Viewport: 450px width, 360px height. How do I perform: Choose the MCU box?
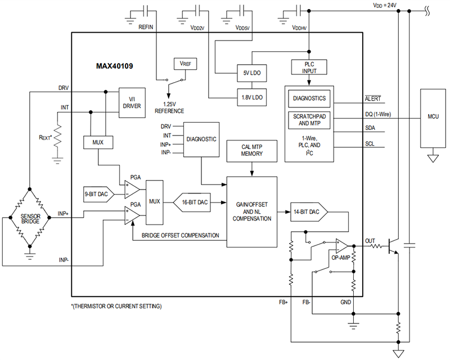point(433,116)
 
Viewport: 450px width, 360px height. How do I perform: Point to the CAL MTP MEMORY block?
point(251,150)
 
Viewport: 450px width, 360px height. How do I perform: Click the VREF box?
point(185,64)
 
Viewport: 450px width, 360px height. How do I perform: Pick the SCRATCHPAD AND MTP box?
point(307,119)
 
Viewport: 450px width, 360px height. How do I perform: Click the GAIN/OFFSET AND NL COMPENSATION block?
point(251,211)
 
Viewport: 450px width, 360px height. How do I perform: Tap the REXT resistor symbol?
point(57,137)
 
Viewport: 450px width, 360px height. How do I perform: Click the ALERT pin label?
point(373,99)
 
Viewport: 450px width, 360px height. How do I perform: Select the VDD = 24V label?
point(384,5)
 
